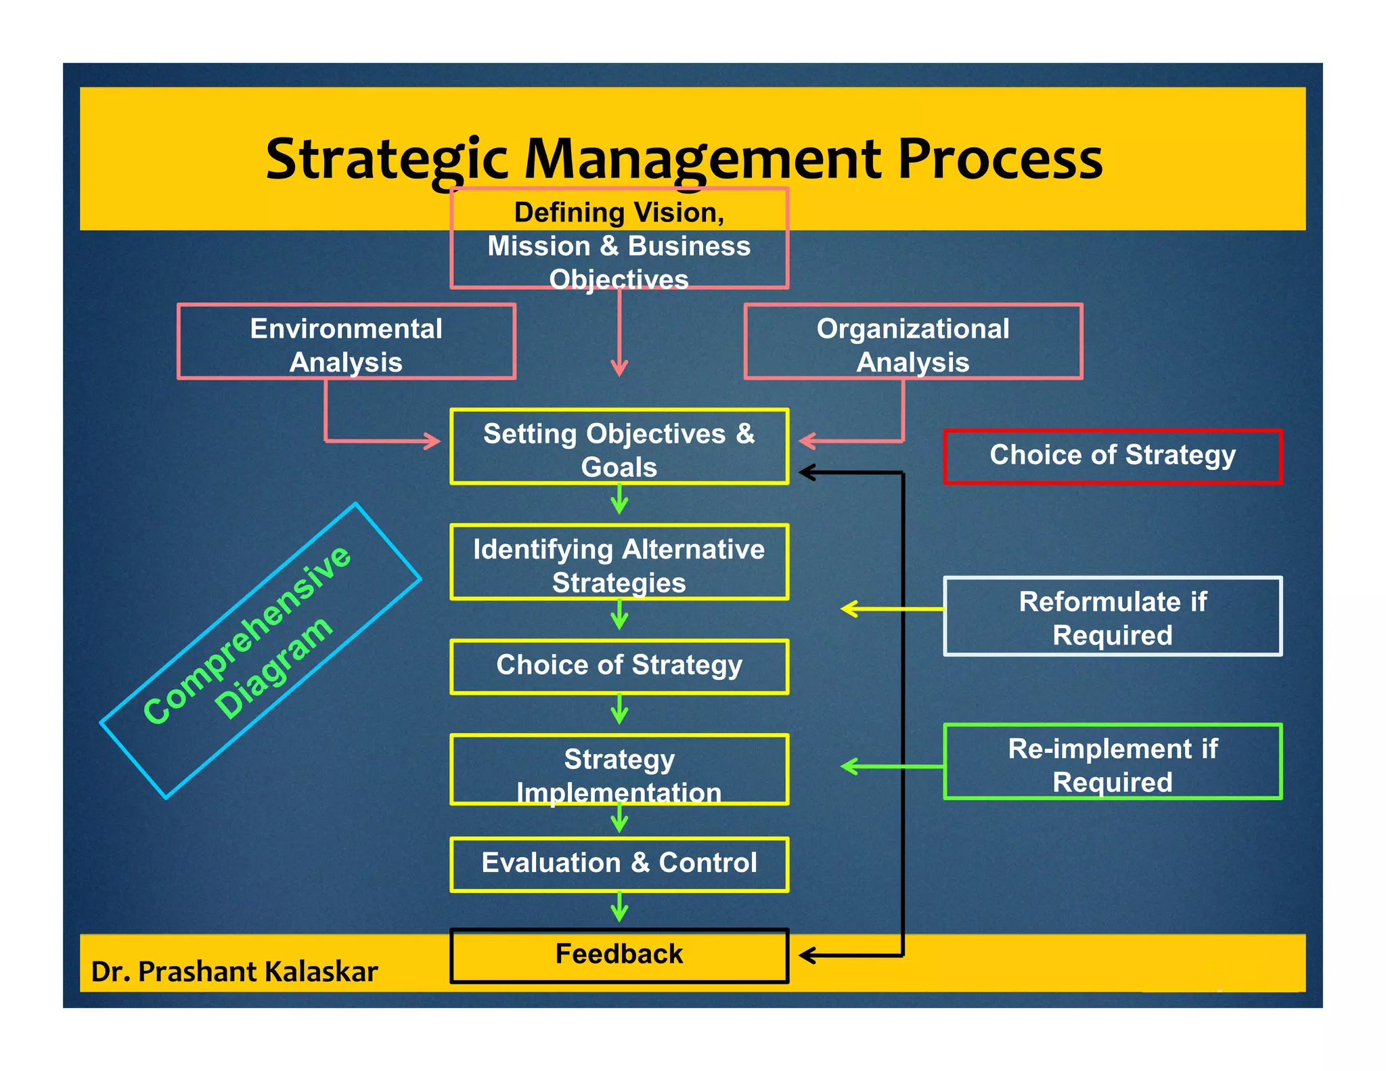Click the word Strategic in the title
tap(386, 159)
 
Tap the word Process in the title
tap(1000, 159)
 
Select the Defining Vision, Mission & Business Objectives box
tap(619, 238)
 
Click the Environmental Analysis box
tap(346, 342)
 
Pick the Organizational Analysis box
tap(913, 342)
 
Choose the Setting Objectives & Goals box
tap(619, 447)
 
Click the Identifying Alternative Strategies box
tap(619, 563)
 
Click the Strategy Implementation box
tap(619, 770)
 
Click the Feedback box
tap(619, 955)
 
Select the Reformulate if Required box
tap(1113, 617)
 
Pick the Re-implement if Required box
tap(1113, 762)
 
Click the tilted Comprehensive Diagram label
tap(261, 650)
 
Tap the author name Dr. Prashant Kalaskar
tap(234, 972)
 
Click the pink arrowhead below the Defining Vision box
tap(619, 369)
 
